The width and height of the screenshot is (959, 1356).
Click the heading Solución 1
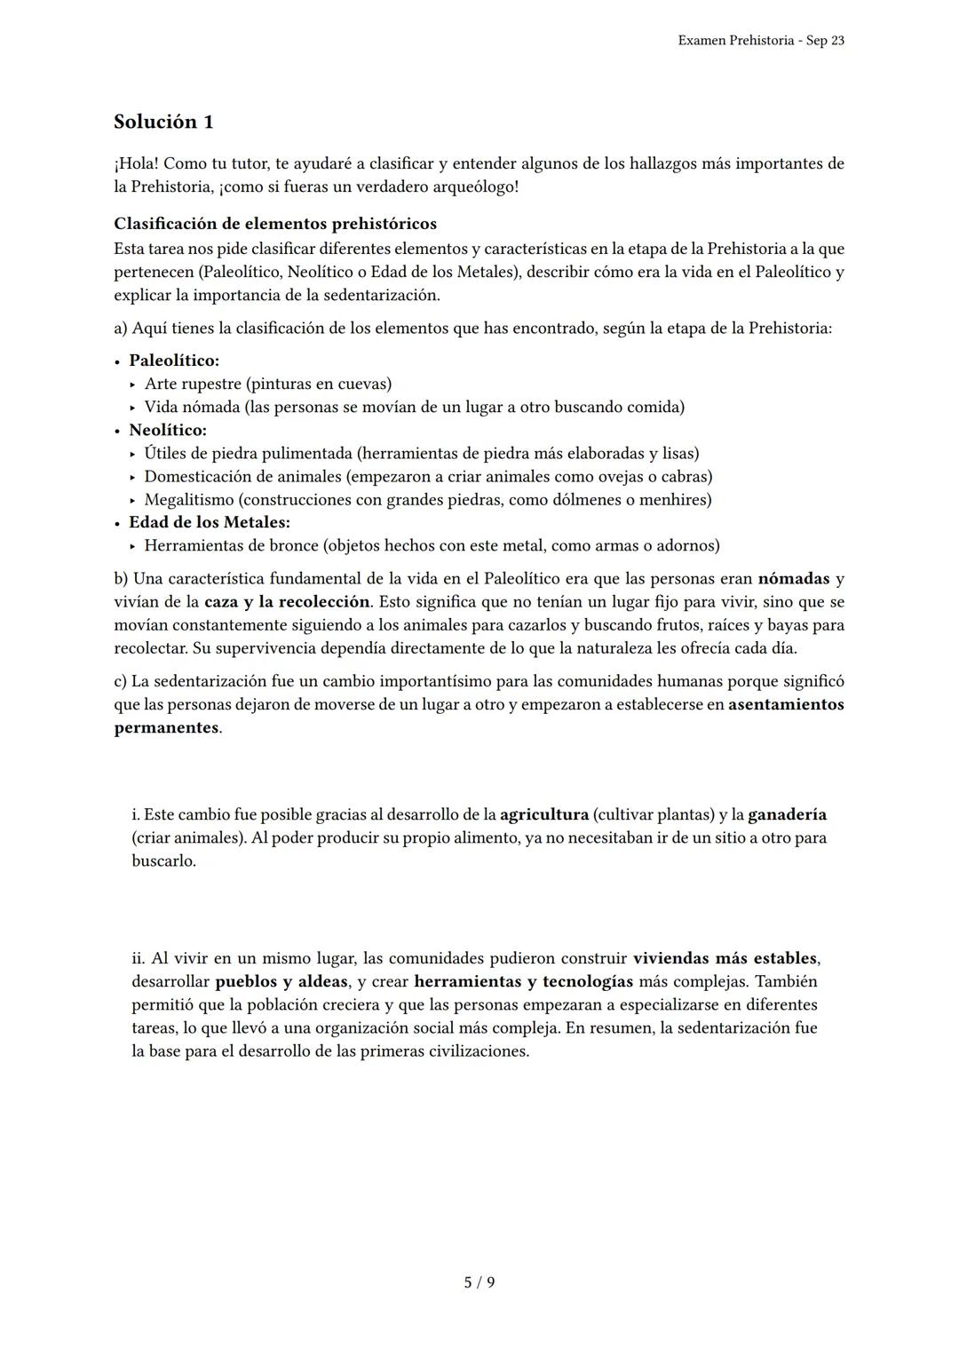pyautogui.click(x=163, y=122)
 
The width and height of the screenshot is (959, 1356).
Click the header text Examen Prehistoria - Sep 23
pyautogui.click(x=760, y=41)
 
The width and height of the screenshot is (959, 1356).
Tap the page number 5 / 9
pyautogui.click(x=479, y=1282)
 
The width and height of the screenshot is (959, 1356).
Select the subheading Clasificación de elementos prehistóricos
pyautogui.click(x=275, y=224)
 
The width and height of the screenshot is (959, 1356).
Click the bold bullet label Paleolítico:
pyautogui.click(x=174, y=361)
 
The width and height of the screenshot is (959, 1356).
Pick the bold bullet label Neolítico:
pyautogui.click(x=168, y=430)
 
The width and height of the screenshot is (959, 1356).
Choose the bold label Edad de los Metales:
pyautogui.click(x=210, y=522)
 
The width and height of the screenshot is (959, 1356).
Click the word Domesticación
pyautogui.click(x=198, y=476)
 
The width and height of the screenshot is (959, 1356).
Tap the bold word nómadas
pyautogui.click(x=794, y=579)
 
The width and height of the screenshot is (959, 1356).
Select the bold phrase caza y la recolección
pyautogui.click(x=287, y=602)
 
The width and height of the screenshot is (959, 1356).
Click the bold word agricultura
pyautogui.click(x=544, y=814)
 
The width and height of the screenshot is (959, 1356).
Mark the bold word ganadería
pyautogui.click(x=787, y=814)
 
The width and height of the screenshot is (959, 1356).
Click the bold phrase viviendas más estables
pyautogui.click(x=725, y=959)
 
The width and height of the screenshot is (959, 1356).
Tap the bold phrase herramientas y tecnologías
pyautogui.click(x=523, y=982)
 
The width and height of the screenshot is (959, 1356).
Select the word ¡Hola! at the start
pyautogui.click(x=137, y=163)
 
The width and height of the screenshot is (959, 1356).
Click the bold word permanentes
pyautogui.click(x=166, y=728)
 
